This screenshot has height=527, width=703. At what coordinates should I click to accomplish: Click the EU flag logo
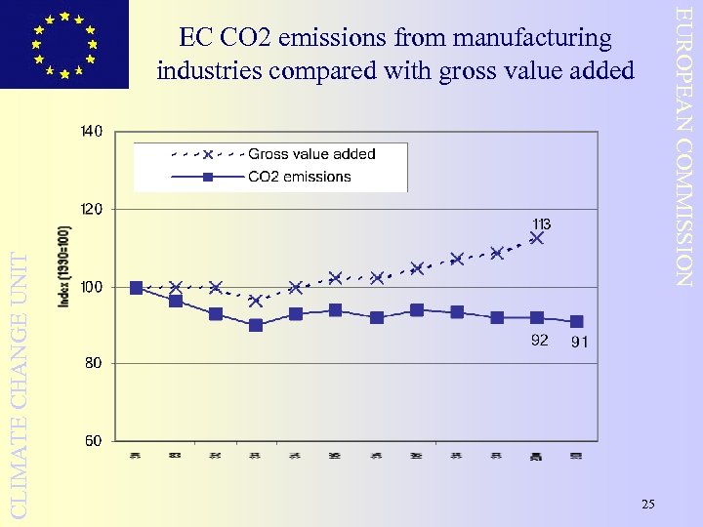point(64,44)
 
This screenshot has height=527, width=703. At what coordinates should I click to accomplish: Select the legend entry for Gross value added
point(311,154)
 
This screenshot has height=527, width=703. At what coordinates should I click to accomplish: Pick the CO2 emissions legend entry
point(299,177)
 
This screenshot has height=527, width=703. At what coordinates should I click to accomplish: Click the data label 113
point(542,223)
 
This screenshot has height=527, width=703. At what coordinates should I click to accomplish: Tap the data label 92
point(539,341)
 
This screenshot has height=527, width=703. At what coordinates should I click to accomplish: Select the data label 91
point(579,342)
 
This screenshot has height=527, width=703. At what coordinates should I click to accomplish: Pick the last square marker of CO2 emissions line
point(577,321)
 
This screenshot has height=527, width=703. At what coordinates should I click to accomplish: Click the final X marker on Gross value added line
point(536,237)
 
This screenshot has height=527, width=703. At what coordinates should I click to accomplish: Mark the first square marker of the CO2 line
point(136,288)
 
